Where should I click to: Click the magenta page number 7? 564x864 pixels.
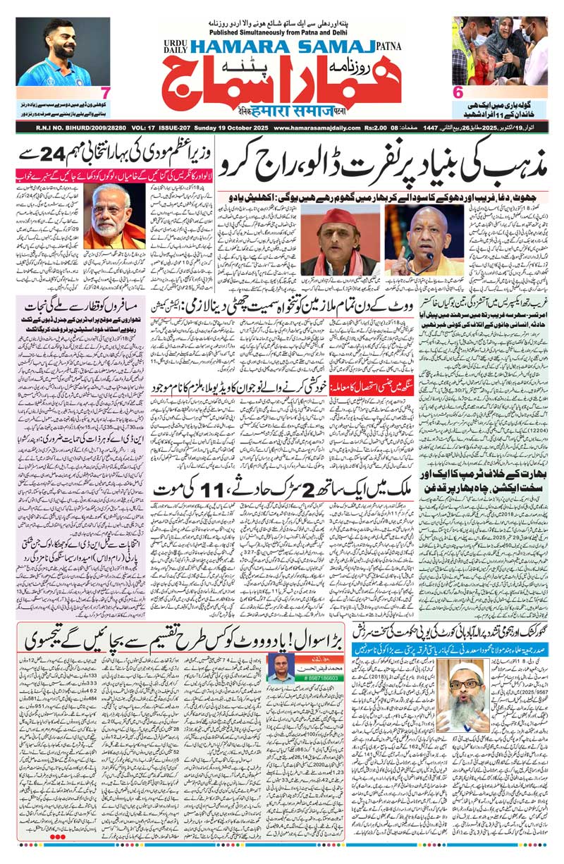coord(104,92)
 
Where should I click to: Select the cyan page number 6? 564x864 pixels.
coord(458,92)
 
